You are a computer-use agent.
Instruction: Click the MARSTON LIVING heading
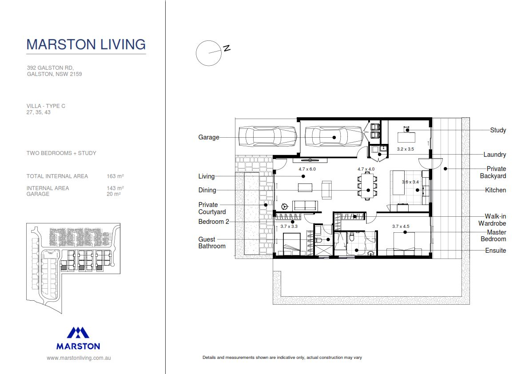pyautogui.click(x=86, y=44)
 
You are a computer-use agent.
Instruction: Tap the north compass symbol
pyautogui.click(x=209, y=53)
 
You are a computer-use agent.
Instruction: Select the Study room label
pyautogui.click(x=498, y=130)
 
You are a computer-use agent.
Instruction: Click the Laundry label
pyautogui.click(x=494, y=155)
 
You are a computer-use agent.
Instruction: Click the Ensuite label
pyautogui.click(x=495, y=251)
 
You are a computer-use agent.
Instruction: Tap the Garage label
pyautogui.click(x=209, y=137)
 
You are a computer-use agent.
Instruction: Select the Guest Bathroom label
pyautogui.click(x=212, y=243)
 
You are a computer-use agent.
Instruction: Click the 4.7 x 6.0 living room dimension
pyautogui.click(x=307, y=169)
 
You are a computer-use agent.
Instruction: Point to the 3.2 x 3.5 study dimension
pyautogui.click(x=405, y=149)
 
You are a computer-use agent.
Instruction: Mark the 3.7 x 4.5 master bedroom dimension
pyautogui.click(x=401, y=227)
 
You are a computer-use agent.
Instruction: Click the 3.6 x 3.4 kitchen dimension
pyautogui.click(x=410, y=182)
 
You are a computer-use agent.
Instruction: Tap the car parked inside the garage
pyautogui.click(x=337, y=137)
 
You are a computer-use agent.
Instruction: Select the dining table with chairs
pyautogui.click(x=367, y=187)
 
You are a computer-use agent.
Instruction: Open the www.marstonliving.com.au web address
pyautogui.click(x=79, y=358)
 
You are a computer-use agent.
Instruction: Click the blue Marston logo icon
pyautogui.click(x=78, y=333)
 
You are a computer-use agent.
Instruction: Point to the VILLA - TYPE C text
pyautogui.click(x=46, y=106)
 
